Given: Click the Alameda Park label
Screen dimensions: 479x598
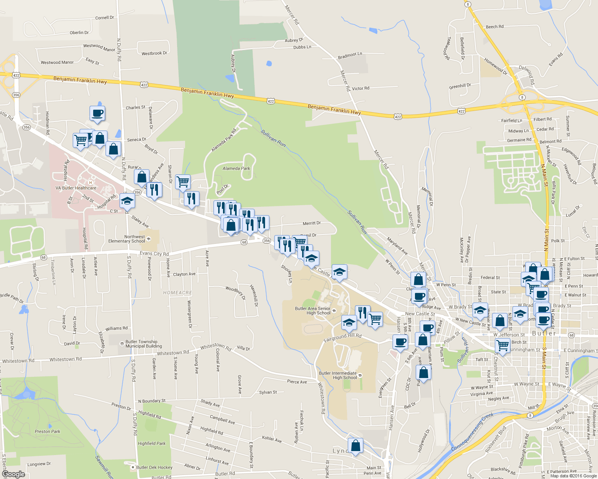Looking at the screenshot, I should tap(236, 168).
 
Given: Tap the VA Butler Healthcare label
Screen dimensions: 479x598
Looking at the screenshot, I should tap(76, 188).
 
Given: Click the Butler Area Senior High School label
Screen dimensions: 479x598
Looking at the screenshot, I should tap(313, 311).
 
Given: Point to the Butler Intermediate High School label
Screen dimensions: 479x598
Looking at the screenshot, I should tap(338, 375).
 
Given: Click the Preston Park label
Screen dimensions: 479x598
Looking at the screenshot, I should tap(48, 431).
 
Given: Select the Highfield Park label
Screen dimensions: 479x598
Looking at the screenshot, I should tap(151, 443).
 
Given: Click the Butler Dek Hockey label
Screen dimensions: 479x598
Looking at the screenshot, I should tap(154, 467).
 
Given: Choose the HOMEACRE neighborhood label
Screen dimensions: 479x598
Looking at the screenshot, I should tap(177, 293).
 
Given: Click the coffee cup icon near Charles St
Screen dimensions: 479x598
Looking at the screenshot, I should tap(97, 114).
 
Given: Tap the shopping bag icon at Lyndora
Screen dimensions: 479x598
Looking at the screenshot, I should tap(355, 445).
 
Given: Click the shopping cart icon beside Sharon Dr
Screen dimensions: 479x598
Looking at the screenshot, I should tap(183, 182).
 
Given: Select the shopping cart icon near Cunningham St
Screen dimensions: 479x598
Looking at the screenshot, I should tap(502, 345).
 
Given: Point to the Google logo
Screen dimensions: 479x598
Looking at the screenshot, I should tap(13, 474).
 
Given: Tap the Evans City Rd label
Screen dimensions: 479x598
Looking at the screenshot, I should tap(154, 253).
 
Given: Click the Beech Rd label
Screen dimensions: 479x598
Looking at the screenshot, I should tap(494, 27).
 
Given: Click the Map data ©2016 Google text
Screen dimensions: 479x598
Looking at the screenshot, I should tap(573, 476).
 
